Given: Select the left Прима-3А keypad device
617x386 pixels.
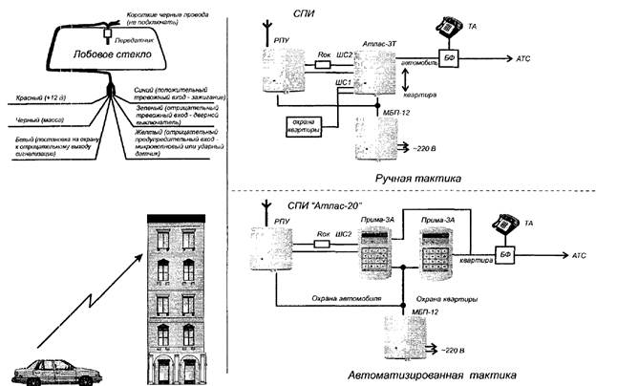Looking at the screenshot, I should (x=376, y=255).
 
